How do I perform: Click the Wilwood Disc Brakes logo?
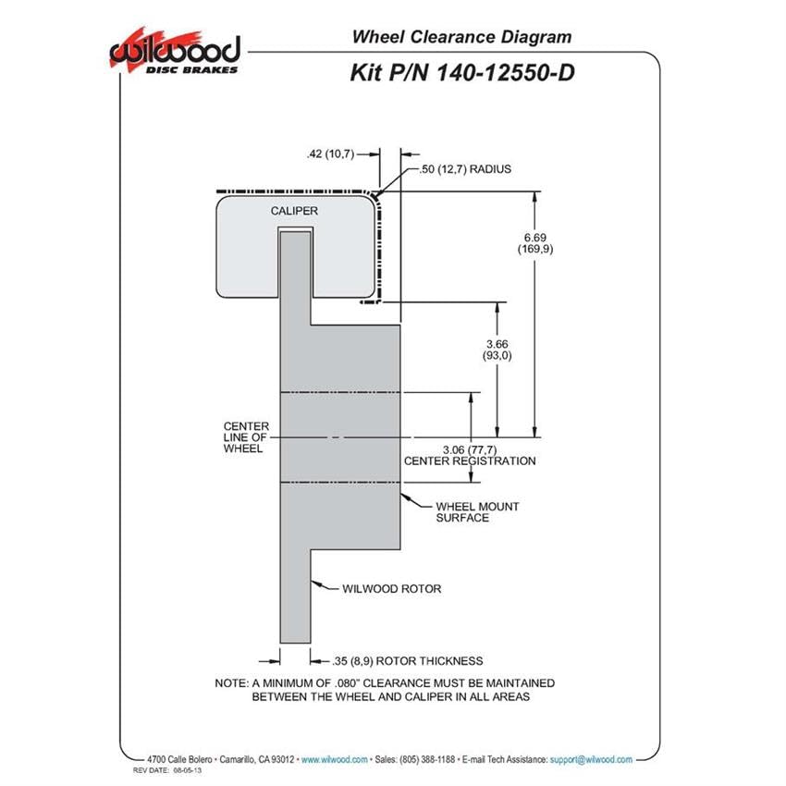coord(175,52)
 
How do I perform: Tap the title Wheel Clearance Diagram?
coord(461,37)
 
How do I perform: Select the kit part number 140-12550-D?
coord(506,73)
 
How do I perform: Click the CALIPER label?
coord(294,211)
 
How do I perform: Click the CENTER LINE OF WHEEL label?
coord(246,437)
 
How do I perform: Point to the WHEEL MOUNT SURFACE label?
coord(477,512)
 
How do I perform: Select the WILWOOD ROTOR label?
coord(391,589)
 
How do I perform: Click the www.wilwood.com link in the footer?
coord(335,760)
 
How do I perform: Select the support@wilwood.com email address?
coord(591,760)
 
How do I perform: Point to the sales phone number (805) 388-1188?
coord(427,760)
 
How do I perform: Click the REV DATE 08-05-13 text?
coord(167,770)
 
